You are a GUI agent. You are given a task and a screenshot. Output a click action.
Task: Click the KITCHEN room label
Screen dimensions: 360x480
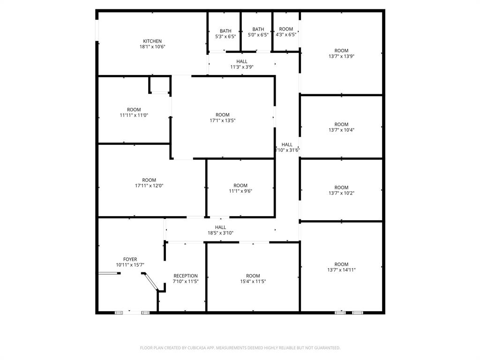(x=152, y=41)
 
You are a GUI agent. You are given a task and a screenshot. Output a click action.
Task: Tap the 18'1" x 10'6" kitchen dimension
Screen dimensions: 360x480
(x=152, y=47)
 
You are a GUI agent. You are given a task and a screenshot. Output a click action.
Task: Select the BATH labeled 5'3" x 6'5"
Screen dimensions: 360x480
(x=225, y=34)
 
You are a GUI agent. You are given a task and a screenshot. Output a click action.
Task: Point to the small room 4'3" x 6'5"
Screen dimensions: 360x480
(x=286, y=32)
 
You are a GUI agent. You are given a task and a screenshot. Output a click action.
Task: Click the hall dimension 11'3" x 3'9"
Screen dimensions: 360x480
(x=242, y=67)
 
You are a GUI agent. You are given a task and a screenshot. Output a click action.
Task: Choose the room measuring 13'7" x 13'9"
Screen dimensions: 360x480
(x=341, y=53)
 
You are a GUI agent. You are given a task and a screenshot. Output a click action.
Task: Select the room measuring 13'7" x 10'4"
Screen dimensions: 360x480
(x=341, y=127)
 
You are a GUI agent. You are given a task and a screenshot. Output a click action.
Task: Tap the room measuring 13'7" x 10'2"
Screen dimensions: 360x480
(x=341, y=190)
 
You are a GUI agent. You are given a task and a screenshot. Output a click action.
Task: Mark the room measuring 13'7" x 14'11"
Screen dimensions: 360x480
(x=341, y=267)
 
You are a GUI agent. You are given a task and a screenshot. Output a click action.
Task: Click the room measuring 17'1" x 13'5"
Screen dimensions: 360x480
(x=223, y=118)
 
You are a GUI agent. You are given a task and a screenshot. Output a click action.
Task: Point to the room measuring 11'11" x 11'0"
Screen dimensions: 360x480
(x=134, y=112)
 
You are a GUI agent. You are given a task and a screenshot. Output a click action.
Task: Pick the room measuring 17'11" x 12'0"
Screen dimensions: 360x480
(x=149, y=183)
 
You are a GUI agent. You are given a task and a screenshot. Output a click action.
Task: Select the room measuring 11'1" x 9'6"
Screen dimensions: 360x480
(x=240, y=188)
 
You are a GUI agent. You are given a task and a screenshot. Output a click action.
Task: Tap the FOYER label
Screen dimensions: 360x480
(x=130, y=259)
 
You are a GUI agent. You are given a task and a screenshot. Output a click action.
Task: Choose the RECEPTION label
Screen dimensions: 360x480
(x=186, y=276)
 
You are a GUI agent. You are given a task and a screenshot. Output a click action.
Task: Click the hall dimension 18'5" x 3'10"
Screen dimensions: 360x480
(x=220, y=233)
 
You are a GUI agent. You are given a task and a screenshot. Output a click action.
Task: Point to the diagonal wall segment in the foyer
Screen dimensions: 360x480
(x=151, y=282)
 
